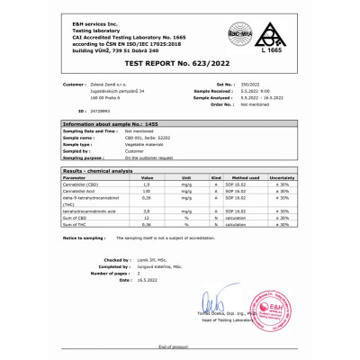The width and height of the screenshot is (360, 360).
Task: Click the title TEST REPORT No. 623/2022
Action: [179, 65]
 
